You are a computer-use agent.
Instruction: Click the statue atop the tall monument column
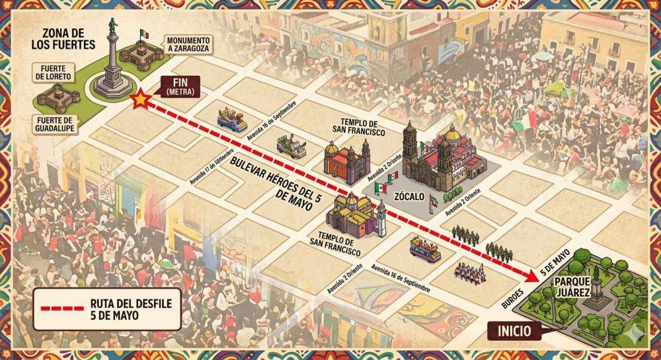pyautogui.click(x=113, y=24)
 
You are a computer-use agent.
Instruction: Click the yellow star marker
pyautogui.click(x=140, y=100)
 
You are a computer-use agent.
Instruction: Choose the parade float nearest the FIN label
pyautogui.click(x=232, y=120)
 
